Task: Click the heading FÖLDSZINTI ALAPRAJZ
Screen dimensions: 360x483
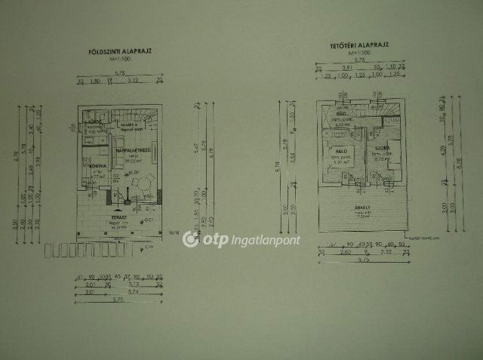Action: tap(120, 51)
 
